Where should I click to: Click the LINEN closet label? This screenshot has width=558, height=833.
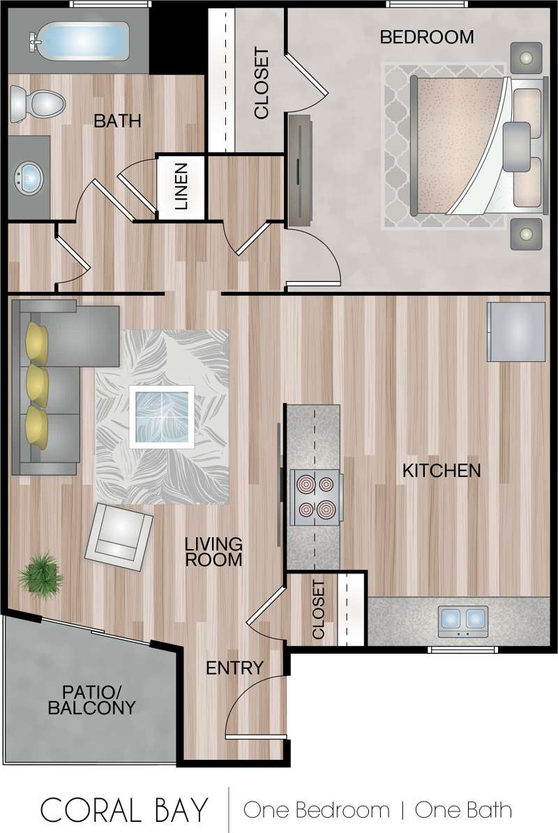[x=181, y=187]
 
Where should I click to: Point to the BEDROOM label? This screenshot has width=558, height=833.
[x=426, y=37]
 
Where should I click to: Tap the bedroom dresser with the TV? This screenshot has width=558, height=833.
[x=300, y=171]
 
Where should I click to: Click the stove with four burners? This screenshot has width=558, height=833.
[x=315, y=497]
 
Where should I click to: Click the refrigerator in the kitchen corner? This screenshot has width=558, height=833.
[x=515, y=331]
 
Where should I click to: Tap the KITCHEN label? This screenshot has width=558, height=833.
[x=442, y=470]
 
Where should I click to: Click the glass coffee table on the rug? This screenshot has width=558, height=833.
[x=161, y=416]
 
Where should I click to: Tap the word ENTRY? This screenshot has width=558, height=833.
[x=234, y=668]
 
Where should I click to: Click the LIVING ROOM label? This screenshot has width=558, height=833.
[x=213, y=551]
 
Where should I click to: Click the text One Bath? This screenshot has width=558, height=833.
[x=463, y=810]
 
